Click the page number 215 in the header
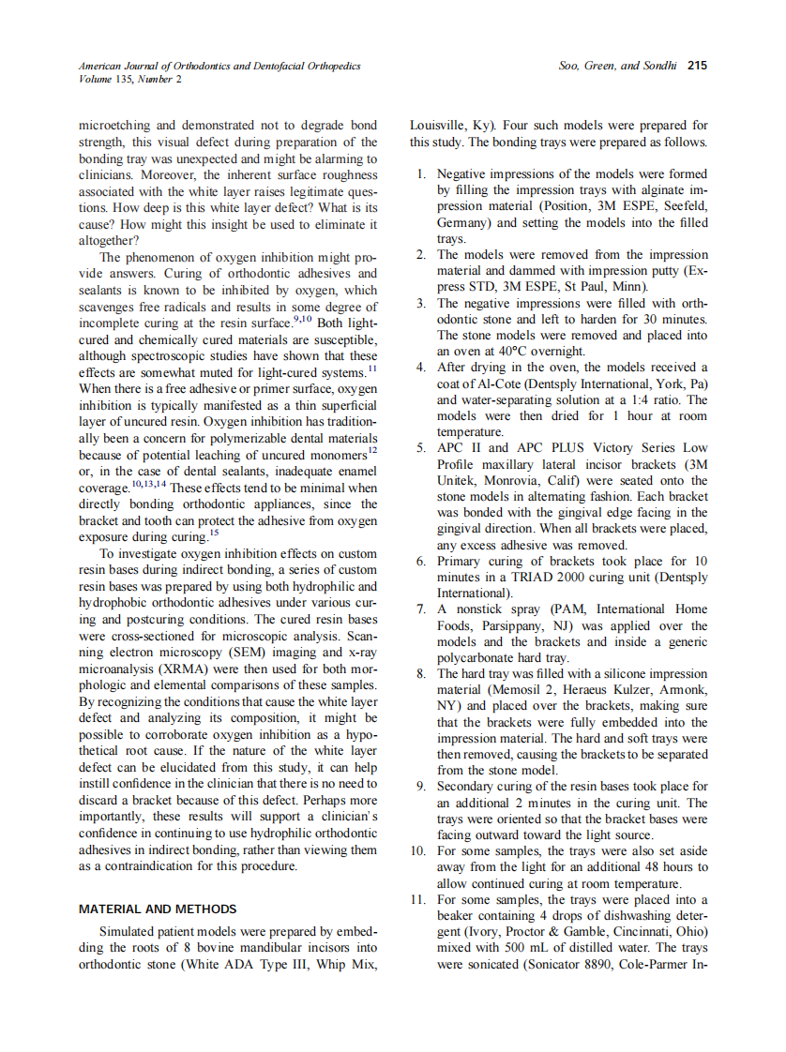point(697,67)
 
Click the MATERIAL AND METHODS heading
point(158,909)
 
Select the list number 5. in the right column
point(421,448)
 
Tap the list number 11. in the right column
point(418,900)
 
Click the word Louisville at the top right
point(436,126)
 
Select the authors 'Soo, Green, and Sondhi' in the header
point(614,67)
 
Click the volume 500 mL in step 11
point(522,948)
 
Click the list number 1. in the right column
point(421,174)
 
